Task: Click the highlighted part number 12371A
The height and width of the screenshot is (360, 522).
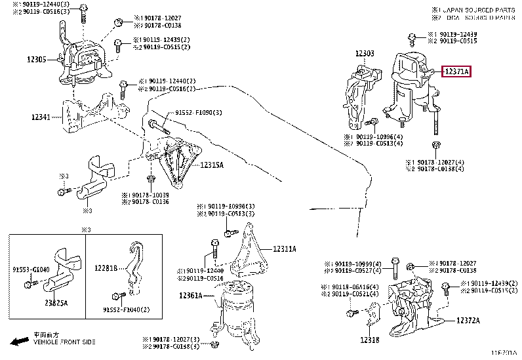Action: tap(456, 71)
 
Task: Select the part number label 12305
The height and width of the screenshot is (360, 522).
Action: tap(37, 59)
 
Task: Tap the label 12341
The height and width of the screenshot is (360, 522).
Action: tap(41, 117)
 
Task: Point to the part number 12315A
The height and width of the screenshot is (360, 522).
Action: tap(212, 165)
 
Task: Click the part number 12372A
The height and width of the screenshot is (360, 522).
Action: tap(468, 321)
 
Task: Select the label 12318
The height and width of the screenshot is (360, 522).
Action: tap(369, 340)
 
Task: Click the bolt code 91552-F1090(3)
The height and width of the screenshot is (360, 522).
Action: tap(199, 113)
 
